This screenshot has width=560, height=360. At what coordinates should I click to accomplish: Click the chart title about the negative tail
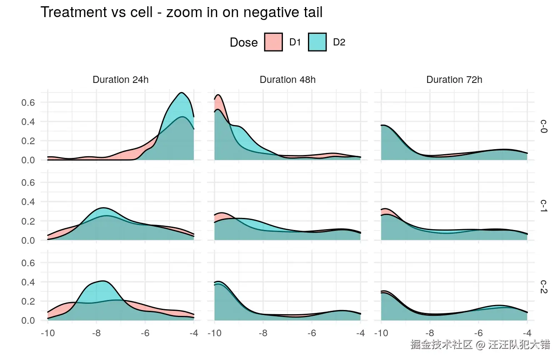181,12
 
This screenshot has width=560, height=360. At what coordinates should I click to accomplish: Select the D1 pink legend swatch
273,42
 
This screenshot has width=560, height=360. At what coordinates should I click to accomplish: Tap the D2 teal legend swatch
317,42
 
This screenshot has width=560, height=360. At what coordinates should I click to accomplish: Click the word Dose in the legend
244,42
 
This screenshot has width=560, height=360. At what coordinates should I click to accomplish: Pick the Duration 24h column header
120,80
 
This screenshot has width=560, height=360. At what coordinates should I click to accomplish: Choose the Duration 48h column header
287,80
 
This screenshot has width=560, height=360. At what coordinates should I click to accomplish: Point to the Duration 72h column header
454,80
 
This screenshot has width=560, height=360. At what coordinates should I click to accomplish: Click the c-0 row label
544,126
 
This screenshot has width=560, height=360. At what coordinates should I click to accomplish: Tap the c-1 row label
544,206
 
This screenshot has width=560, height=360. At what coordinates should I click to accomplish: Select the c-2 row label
544,286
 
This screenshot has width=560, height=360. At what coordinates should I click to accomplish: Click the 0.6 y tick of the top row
28,102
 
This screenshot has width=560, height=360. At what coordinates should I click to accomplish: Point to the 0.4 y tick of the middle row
28,202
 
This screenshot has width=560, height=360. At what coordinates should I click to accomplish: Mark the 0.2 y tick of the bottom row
28,301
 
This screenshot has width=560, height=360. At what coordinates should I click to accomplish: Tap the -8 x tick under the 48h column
263,333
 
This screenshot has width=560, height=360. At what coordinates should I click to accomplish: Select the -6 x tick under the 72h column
478,333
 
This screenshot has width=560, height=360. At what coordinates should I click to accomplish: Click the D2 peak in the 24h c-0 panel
181,93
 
